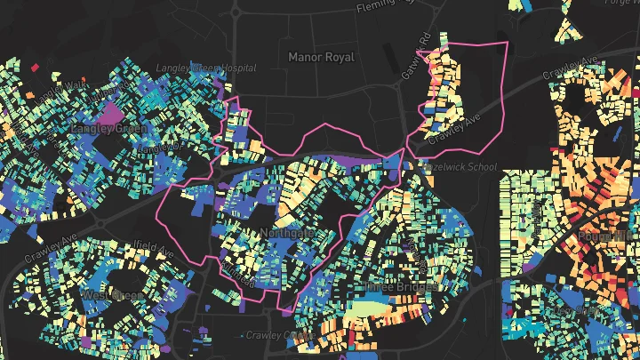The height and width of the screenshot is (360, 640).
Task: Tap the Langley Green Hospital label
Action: click(205, 68)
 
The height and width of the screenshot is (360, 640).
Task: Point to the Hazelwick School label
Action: click(461, 167)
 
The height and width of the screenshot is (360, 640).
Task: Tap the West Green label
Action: click(113, 294)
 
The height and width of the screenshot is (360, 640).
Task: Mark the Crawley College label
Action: click(277, 335)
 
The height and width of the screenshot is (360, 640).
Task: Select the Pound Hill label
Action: click(604, 236)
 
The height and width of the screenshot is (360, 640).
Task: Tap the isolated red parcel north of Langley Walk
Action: click(35, 67)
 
